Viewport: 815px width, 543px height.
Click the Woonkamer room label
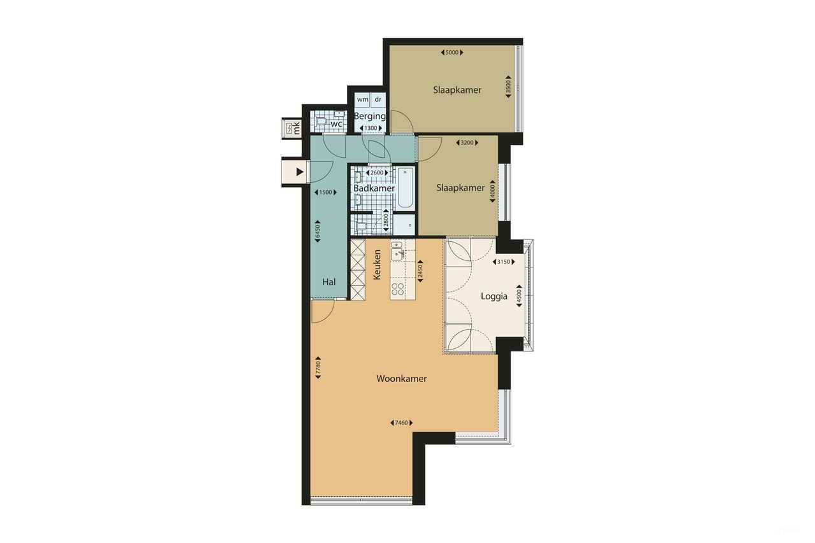[x=401, y=379]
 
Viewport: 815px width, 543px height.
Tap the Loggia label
[x=493, y=296]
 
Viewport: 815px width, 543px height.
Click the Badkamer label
[x=374, y=188]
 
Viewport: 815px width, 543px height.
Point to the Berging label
[x=370, y=116]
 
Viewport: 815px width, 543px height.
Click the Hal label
[x=329, y=282]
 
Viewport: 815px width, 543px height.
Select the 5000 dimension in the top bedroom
[x=451, y=53]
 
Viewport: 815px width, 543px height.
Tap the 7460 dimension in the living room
[x=401, y=423]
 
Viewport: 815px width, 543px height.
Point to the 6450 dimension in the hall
[x=316, y=230]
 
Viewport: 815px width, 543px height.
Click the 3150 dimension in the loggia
[x=504, y=262]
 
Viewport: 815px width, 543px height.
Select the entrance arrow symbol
[x=299, y=172]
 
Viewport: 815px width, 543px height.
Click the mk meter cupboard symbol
[x=294, y=128]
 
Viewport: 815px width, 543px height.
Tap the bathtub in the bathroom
[x=405, y=188]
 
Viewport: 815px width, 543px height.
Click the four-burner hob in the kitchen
[x=399, y=289]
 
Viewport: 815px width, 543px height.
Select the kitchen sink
[x=397, y=253]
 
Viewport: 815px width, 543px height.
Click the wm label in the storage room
[x=362, y=100]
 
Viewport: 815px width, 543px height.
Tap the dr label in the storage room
[x=378, y=100]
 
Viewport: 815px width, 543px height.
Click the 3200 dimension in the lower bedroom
[x=469, y=143]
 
